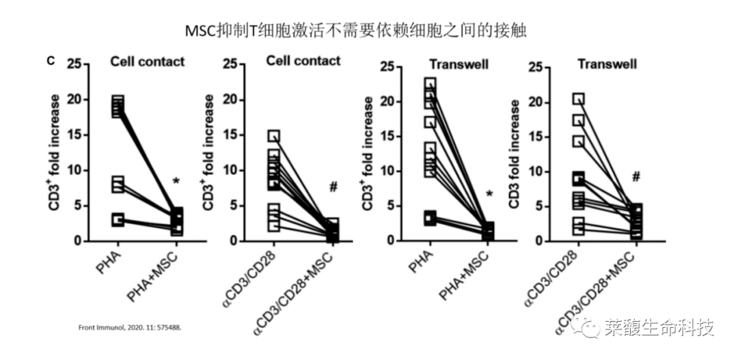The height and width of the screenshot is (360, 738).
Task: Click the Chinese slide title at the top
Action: click(x=355, y=31)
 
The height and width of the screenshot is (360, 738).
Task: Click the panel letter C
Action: click(x=51, y=61)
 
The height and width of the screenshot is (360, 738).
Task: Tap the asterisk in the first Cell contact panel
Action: click(x=176, y=182)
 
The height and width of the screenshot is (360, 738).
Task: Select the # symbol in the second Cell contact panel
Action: click(x=333, y=186)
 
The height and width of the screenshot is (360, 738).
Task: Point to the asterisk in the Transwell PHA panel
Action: click(x=489, y=194)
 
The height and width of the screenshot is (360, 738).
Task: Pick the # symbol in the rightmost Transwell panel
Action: click(x=636, y=176)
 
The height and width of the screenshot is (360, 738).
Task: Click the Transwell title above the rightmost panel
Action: click(x=607, y=64)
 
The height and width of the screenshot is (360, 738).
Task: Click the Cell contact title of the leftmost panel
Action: click(x=148, y=61)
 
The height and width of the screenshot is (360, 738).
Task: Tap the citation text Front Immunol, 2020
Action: click(x=129, y=327)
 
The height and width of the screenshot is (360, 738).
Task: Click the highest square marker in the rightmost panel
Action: click(x=579, y=98)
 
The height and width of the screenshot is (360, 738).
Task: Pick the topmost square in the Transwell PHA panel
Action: click(x=430, y=84)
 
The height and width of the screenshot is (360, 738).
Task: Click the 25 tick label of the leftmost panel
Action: click(x=74, y=64)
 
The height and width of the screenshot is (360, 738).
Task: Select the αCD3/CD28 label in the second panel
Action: click(x=248, y=279)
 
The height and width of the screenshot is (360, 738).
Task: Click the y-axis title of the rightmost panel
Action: click(x=515, y=154)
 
